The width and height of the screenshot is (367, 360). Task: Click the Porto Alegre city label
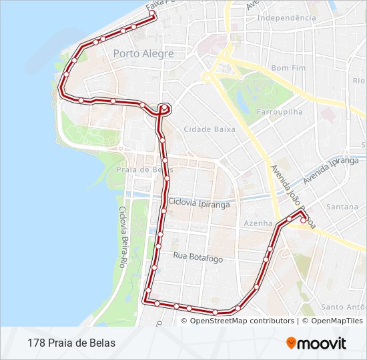143,54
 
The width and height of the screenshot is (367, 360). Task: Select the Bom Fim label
288,68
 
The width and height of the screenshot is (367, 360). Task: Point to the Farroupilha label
280,111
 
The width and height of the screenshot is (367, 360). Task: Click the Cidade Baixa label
210,129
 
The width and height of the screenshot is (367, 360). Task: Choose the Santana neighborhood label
342,207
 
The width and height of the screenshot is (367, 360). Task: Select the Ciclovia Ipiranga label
200,204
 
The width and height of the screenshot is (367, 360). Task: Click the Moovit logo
316,343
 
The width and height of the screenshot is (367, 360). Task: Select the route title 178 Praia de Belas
71,343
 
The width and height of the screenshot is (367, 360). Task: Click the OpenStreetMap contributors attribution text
242,321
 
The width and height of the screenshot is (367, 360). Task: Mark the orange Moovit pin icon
291,343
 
